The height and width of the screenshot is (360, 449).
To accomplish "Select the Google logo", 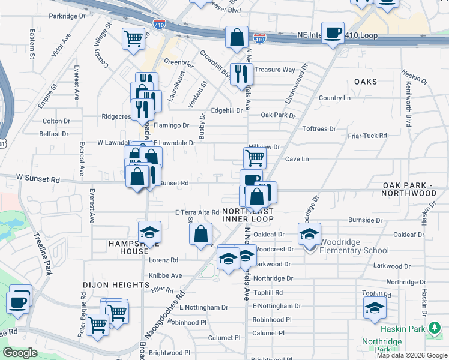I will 20,353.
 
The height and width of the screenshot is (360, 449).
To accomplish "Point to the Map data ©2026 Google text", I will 411,355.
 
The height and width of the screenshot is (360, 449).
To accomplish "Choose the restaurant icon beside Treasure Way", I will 241,73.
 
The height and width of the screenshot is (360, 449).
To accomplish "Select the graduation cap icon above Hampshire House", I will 149,232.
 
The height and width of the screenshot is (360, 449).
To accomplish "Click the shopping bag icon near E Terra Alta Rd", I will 202,234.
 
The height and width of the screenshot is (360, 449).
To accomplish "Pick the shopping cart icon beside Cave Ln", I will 255,158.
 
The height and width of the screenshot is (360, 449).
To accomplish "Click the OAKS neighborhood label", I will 365,81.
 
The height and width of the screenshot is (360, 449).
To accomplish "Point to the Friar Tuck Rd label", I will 367,136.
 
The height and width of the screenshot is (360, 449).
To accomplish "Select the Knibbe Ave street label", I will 166,275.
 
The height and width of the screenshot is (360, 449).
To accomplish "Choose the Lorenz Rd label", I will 164,260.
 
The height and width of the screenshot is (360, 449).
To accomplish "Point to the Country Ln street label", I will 334,98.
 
